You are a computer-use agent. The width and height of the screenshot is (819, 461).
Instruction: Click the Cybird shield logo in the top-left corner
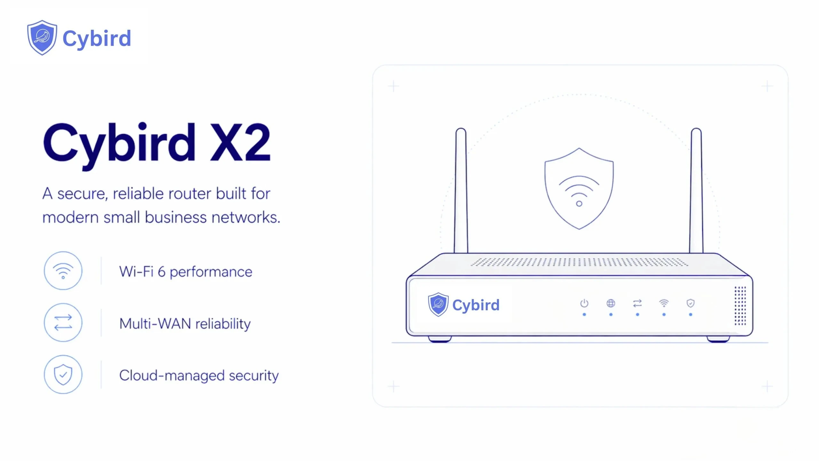(42, 37)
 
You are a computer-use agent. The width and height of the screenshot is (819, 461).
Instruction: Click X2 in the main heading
(240, 142)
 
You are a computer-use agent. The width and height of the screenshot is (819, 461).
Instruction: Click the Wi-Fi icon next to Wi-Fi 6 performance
(63, 271)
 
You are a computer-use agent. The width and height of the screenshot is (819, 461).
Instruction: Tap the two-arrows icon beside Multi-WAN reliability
(63, 323)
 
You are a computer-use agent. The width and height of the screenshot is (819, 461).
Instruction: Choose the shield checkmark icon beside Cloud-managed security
(63, 375)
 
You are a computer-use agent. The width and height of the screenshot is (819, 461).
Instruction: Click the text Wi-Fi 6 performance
(186, 272)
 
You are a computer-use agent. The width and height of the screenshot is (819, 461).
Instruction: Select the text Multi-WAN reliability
(185, 324)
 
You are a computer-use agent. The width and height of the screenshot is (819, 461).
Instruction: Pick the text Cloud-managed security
(199, 376)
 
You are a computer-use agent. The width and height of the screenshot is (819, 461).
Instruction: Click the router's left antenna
(461, 191)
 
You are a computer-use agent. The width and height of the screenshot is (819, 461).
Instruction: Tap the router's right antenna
(696, 191)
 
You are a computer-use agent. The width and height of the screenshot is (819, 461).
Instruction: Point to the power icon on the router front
(584, 303)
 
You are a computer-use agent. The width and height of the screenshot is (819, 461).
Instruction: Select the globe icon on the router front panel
(611, 303)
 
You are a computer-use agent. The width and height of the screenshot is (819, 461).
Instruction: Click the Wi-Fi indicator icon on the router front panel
(664, 303)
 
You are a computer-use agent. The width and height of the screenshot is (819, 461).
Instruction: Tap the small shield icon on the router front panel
(690, 303)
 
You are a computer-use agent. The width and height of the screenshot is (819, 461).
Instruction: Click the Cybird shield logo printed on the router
(438, 304)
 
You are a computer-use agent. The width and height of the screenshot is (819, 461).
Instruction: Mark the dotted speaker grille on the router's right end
(740, 306)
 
